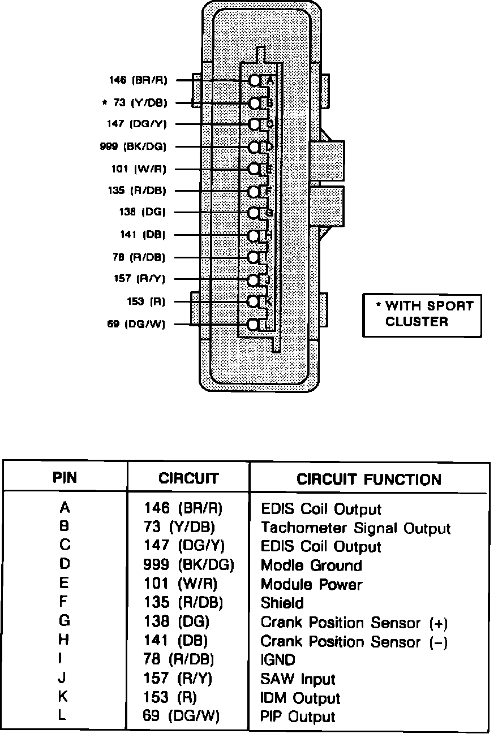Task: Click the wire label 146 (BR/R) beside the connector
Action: point(138,80)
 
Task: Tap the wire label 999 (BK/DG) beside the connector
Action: point(133,147)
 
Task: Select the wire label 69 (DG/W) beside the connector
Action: point(136,325)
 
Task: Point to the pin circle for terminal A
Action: point(255,81)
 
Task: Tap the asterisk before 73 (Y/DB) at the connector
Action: point(104,103)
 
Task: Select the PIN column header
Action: point(65,478)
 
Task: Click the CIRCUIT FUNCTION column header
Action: point(368,480)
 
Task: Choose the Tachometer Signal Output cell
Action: point(355,529)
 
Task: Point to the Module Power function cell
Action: point(311,584)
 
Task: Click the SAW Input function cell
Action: point(298,679)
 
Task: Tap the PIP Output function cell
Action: point(298,717)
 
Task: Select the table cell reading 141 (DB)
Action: point(175,641)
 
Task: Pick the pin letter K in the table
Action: point(65,697)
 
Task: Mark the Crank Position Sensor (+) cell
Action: point(354,623)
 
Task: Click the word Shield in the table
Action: point(282,603)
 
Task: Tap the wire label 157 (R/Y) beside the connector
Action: point(140,279)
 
